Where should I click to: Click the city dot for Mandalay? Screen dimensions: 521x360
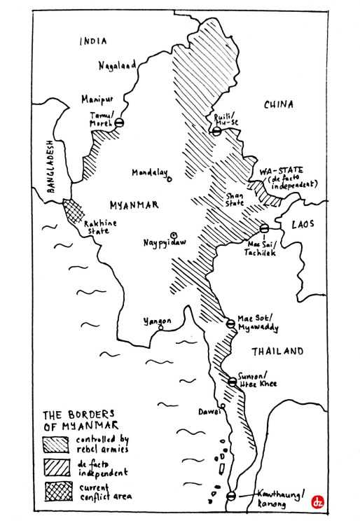click(169, 177)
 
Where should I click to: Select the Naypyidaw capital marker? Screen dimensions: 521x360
click(174, 235)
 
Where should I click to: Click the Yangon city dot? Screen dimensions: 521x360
click(161, 327)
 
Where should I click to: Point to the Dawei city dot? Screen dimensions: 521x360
click(222, 406)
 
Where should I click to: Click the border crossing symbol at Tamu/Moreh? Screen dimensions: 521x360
click(119, 123)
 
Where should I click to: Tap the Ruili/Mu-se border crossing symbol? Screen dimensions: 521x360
click(217, 130)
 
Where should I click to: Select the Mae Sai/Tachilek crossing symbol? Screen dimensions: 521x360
click(264, 228)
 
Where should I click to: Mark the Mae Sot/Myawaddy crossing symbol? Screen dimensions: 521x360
click(230, 324)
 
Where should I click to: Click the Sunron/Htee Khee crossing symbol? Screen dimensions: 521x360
click(232, 382)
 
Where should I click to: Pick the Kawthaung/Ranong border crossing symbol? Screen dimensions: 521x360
click(232, 496)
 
